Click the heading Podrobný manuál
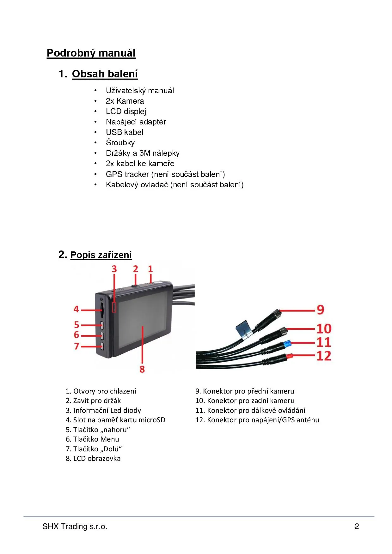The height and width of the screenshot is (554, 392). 91,53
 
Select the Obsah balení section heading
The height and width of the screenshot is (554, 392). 105,74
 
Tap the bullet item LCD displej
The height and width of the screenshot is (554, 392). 126,111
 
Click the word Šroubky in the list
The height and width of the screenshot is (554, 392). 120,142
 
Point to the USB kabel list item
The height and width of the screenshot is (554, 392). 125,132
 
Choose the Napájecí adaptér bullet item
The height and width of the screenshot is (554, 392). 136,122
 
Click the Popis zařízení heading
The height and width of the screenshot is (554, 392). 101,255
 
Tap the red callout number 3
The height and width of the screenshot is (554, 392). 114,269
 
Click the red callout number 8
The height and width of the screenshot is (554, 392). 142,369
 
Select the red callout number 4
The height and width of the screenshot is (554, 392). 76,309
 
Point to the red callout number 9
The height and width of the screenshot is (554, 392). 321,310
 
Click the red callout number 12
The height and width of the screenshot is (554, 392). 324,356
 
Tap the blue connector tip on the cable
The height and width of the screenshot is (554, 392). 287,343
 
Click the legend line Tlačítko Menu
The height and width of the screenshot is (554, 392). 92,439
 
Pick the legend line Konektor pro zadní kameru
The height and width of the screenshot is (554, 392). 245,401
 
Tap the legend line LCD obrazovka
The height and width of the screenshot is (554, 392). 93,459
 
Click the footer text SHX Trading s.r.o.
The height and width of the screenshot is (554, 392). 75,527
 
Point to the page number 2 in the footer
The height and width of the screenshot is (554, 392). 357,527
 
